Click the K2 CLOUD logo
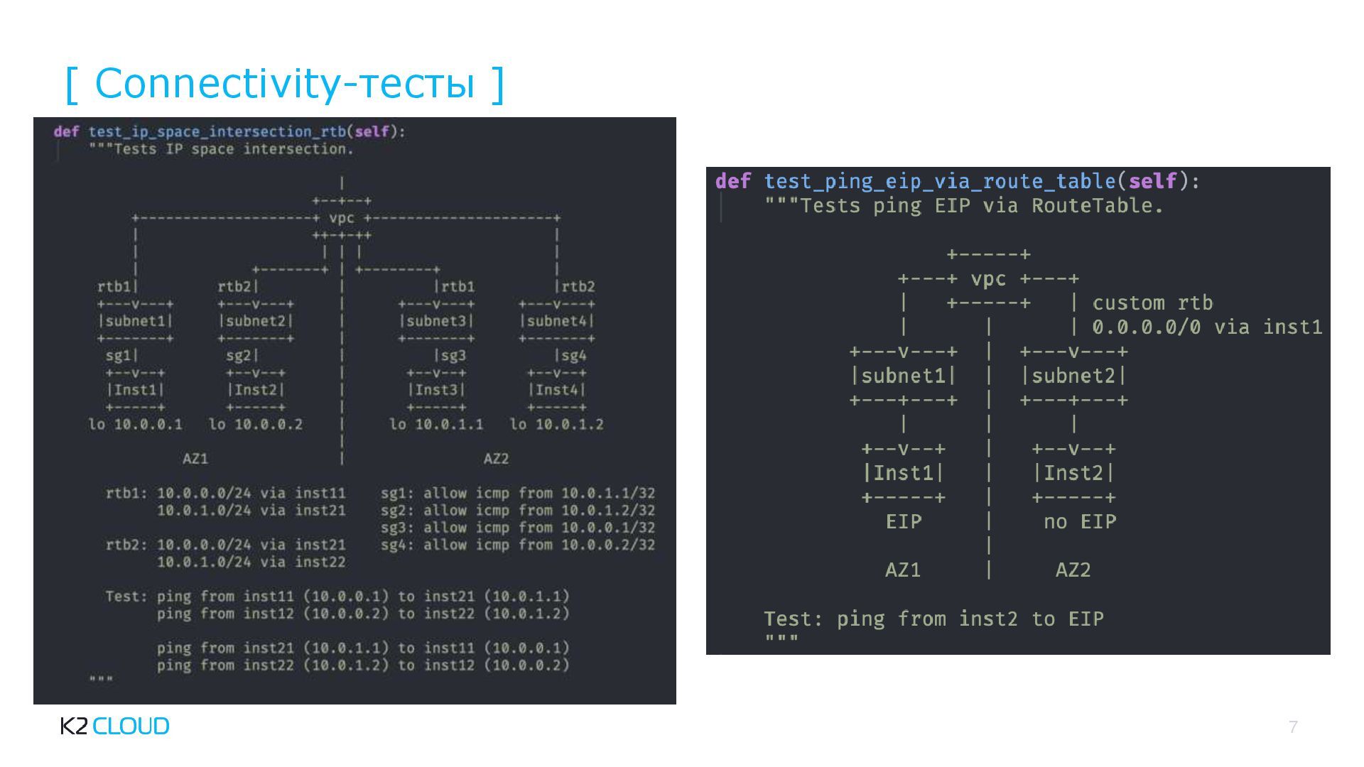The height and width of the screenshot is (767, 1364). [x=114, y=726]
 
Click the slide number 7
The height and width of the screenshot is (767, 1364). [x=1293, y=727]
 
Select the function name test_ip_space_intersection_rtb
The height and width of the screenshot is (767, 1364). [x=217, y=131]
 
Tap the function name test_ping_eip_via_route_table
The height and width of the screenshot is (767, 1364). [x=940, y=182]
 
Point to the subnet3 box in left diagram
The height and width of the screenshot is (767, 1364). [x=435, y=321]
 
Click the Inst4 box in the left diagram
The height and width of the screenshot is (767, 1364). [x=556, y=390]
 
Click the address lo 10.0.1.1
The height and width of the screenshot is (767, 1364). [x=435, y=425]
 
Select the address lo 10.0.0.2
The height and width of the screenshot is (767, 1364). [x=255, y=425]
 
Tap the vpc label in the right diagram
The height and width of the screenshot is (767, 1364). [x=988, y=278]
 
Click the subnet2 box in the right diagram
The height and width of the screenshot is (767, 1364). [x=1073, y=376]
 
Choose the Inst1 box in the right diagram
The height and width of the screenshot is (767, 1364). [x=903, y=473]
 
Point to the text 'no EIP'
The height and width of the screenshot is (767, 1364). [x=1079, y=522]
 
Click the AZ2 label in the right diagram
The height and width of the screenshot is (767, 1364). [x=1073, y=570]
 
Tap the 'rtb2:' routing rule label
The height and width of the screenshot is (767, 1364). [x=126, y=545]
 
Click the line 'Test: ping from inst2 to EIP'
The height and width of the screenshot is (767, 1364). [x=933, y=619]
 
